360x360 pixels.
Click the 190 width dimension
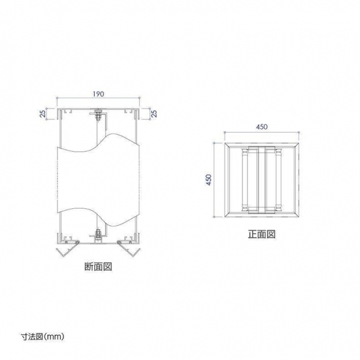tap(98, 94)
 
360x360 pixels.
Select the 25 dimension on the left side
tap(43, 113)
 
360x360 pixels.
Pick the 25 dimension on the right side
tap(155, 113)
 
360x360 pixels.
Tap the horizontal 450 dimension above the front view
tap(262, 127)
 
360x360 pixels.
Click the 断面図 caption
tap(98, 266)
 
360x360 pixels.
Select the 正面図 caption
tap(262, 234)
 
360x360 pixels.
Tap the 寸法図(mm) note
tap(43, 337)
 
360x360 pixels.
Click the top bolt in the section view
tap(98, 114)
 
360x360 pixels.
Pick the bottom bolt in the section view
tap(98, 236)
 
